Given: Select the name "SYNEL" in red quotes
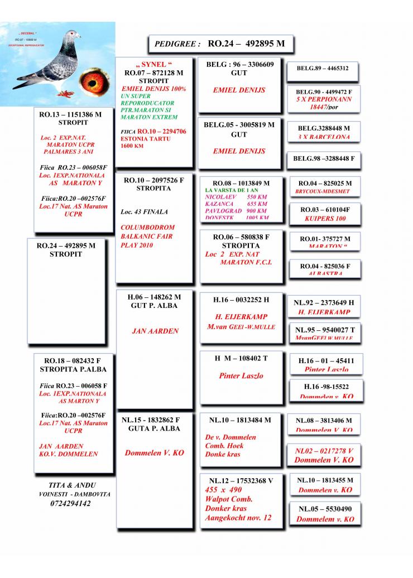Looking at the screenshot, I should coord(151,65).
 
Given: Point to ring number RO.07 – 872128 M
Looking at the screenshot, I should coord(153,73).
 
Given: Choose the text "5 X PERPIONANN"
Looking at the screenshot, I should coord(324,99).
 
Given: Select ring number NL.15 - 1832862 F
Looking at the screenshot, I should coord(151,420).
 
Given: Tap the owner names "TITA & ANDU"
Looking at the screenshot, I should coord(74,485).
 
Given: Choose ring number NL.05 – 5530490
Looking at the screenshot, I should coord(325,509).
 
